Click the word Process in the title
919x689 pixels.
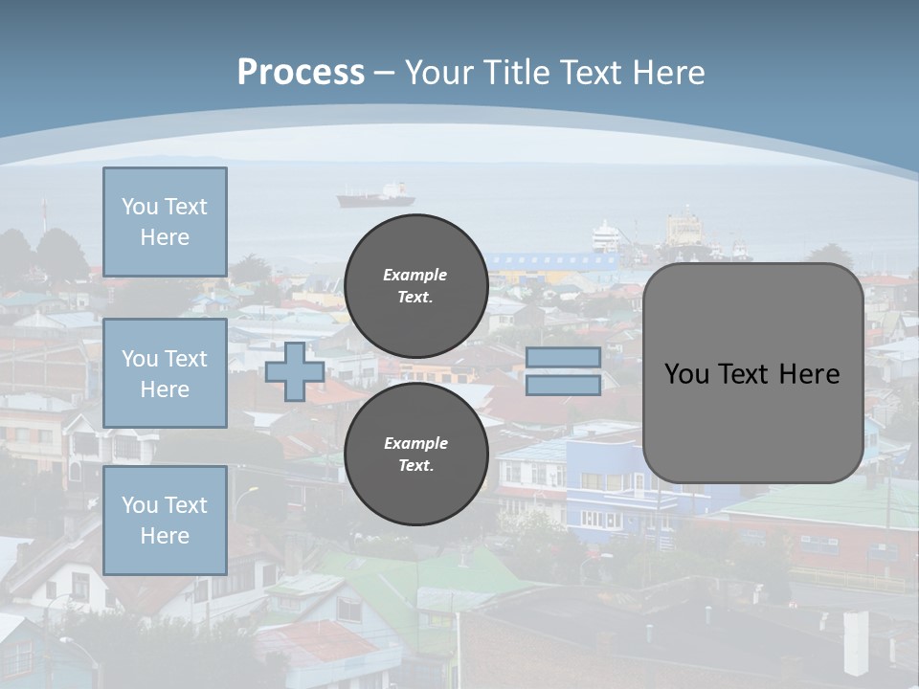click(301, 73)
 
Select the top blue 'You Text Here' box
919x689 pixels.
click(165, 222)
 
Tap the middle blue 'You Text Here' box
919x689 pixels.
click(165, 373)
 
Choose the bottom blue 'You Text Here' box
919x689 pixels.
click(165, 520)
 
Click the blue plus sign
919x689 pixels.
click(295, 371)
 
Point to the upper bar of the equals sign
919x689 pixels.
click(564, 357)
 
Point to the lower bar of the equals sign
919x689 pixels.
click(564, 385)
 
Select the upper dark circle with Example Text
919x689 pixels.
click(416, 286)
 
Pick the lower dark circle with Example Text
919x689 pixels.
click(416, 455)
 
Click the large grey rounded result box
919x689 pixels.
click(753, 373)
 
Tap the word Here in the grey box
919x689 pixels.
click(809, 374)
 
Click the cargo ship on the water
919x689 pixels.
click(376, 196)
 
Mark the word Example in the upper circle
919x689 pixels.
click(415, 275)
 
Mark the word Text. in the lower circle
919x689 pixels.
click(415, 466)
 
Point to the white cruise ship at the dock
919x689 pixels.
click(605, 235)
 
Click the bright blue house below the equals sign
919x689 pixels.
click(613, 478)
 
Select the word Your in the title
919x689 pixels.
click(438, 73)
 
